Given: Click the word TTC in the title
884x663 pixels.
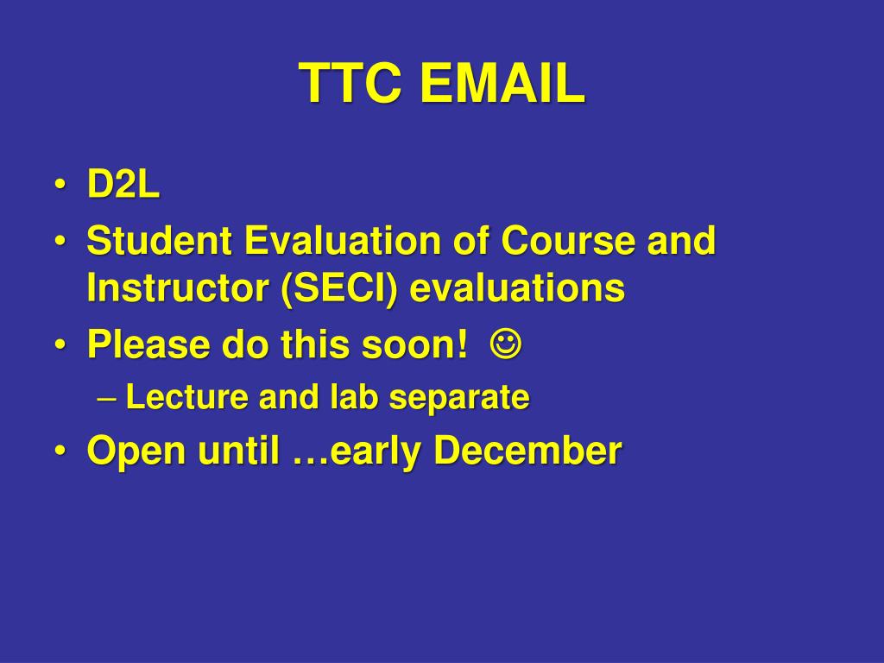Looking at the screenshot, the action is click(x=350, y=83).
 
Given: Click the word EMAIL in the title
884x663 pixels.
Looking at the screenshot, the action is click(x=502, y=83).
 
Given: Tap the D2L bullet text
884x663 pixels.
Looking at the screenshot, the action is click(x=123, y=184).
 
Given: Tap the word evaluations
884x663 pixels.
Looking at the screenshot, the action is click(x=517, y=288).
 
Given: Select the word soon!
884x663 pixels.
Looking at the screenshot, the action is click(x=414, y=344).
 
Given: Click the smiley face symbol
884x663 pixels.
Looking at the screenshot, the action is click(x=506, y=344).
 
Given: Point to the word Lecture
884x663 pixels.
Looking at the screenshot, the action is click(x=186, y=396).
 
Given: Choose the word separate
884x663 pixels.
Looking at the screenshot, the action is click(x=459, y=398).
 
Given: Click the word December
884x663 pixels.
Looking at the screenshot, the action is click(x=527, y=450).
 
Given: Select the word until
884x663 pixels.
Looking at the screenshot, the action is click(x=238, y=450).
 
